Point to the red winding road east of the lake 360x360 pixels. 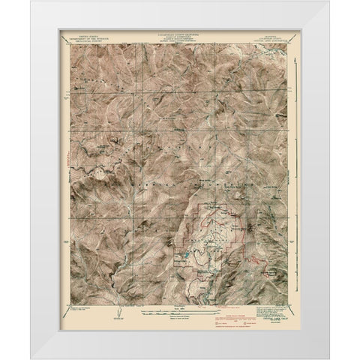(x=255, y=260)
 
